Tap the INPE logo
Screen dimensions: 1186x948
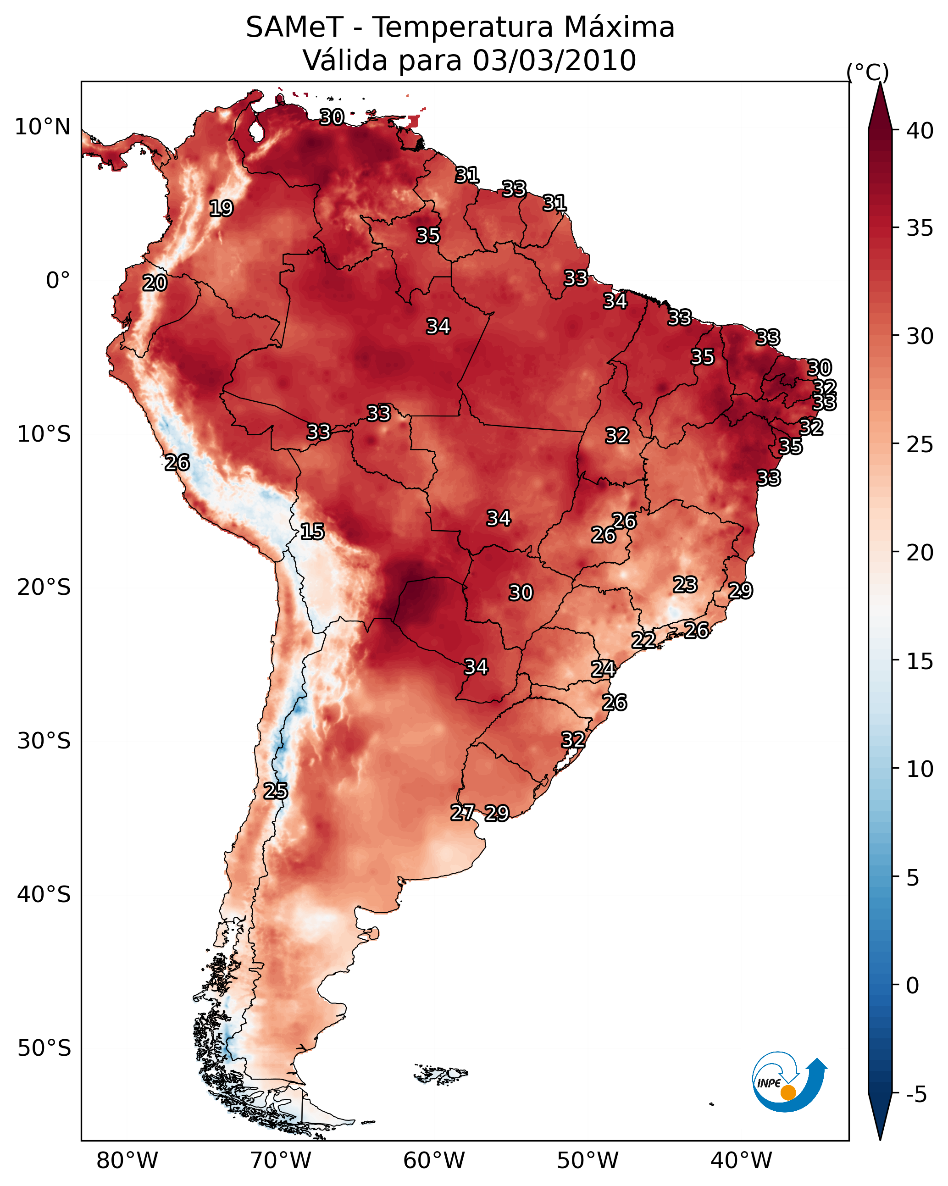click(x=788, y=1081)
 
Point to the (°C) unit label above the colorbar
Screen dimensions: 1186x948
click(x=867, y=72)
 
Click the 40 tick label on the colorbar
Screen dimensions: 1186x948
click(x=920, y=131)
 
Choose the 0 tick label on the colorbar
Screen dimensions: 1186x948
click(x=912, y=986)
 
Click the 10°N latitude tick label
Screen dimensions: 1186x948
click(x=42, y=127)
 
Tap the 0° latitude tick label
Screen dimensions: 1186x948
click(x=58, y=281)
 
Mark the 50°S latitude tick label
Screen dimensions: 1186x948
click(x=44, y=1048)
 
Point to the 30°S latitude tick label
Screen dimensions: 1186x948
click(x=44, y=741)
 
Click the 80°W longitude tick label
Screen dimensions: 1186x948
click(x=127, y=1161)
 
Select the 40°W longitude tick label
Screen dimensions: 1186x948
click(x=741, y=1161)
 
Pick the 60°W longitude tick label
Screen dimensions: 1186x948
click(x=434, y=1161)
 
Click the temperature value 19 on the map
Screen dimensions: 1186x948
click(x=221, y=209)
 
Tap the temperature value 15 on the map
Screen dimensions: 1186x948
click(x=312, y=532)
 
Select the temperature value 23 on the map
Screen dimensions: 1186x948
click(x=685, y=584)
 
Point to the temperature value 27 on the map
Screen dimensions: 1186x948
click(x=462, y=812)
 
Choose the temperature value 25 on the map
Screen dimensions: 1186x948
click(x=275, y=791)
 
